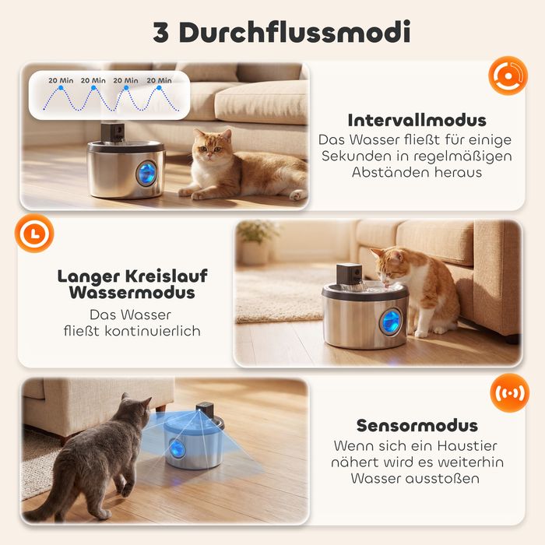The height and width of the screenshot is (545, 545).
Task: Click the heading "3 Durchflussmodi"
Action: (x=282, y=32)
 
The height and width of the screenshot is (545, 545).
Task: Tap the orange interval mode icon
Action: (x=508, y=76)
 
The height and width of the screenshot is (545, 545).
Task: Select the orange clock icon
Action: (x=34, y=233)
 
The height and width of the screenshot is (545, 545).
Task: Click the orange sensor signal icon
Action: (x=509, y=392)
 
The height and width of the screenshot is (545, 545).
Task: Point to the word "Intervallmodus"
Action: (x=417, y=120)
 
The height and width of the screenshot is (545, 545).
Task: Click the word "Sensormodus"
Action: (x=417, y=425)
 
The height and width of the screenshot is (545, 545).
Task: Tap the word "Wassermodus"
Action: (x=132, y=292)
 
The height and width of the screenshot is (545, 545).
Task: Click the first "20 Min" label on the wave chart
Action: (x=61, y=80)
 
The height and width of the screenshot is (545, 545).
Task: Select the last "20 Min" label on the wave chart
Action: (x=159, y=80)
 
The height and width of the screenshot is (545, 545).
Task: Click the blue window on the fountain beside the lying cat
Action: (x=146, y=174)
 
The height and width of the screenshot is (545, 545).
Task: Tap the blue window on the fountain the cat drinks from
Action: (x=390, y=322)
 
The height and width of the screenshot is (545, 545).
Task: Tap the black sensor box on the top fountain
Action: (x=113, y=132)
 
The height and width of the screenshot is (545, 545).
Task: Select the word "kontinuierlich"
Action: (x=153, y=331)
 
